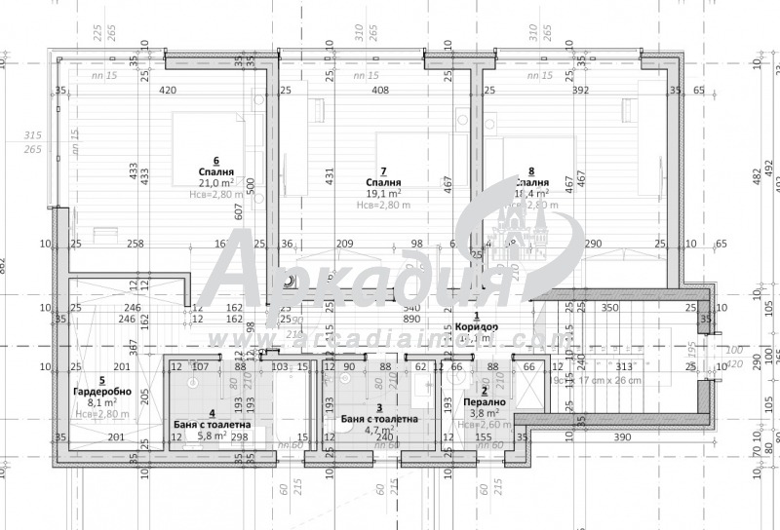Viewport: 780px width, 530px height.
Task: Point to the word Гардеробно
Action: [96, 391]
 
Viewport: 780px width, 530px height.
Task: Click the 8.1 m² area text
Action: [101, 401]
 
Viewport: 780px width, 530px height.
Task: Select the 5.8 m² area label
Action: [214, 437]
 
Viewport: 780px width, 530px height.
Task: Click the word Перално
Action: [485, 401]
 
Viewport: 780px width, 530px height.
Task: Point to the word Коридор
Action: [477, 327]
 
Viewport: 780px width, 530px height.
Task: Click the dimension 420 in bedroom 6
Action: [167, 92]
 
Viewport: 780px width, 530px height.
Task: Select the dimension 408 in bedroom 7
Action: [380, 92]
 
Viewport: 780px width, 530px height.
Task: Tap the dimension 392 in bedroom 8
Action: [581, 92]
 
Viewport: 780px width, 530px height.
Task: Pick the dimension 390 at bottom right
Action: [620, 437]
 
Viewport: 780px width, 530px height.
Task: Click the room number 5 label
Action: [101, 380]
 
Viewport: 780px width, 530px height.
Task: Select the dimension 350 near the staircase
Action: [609, 308]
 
